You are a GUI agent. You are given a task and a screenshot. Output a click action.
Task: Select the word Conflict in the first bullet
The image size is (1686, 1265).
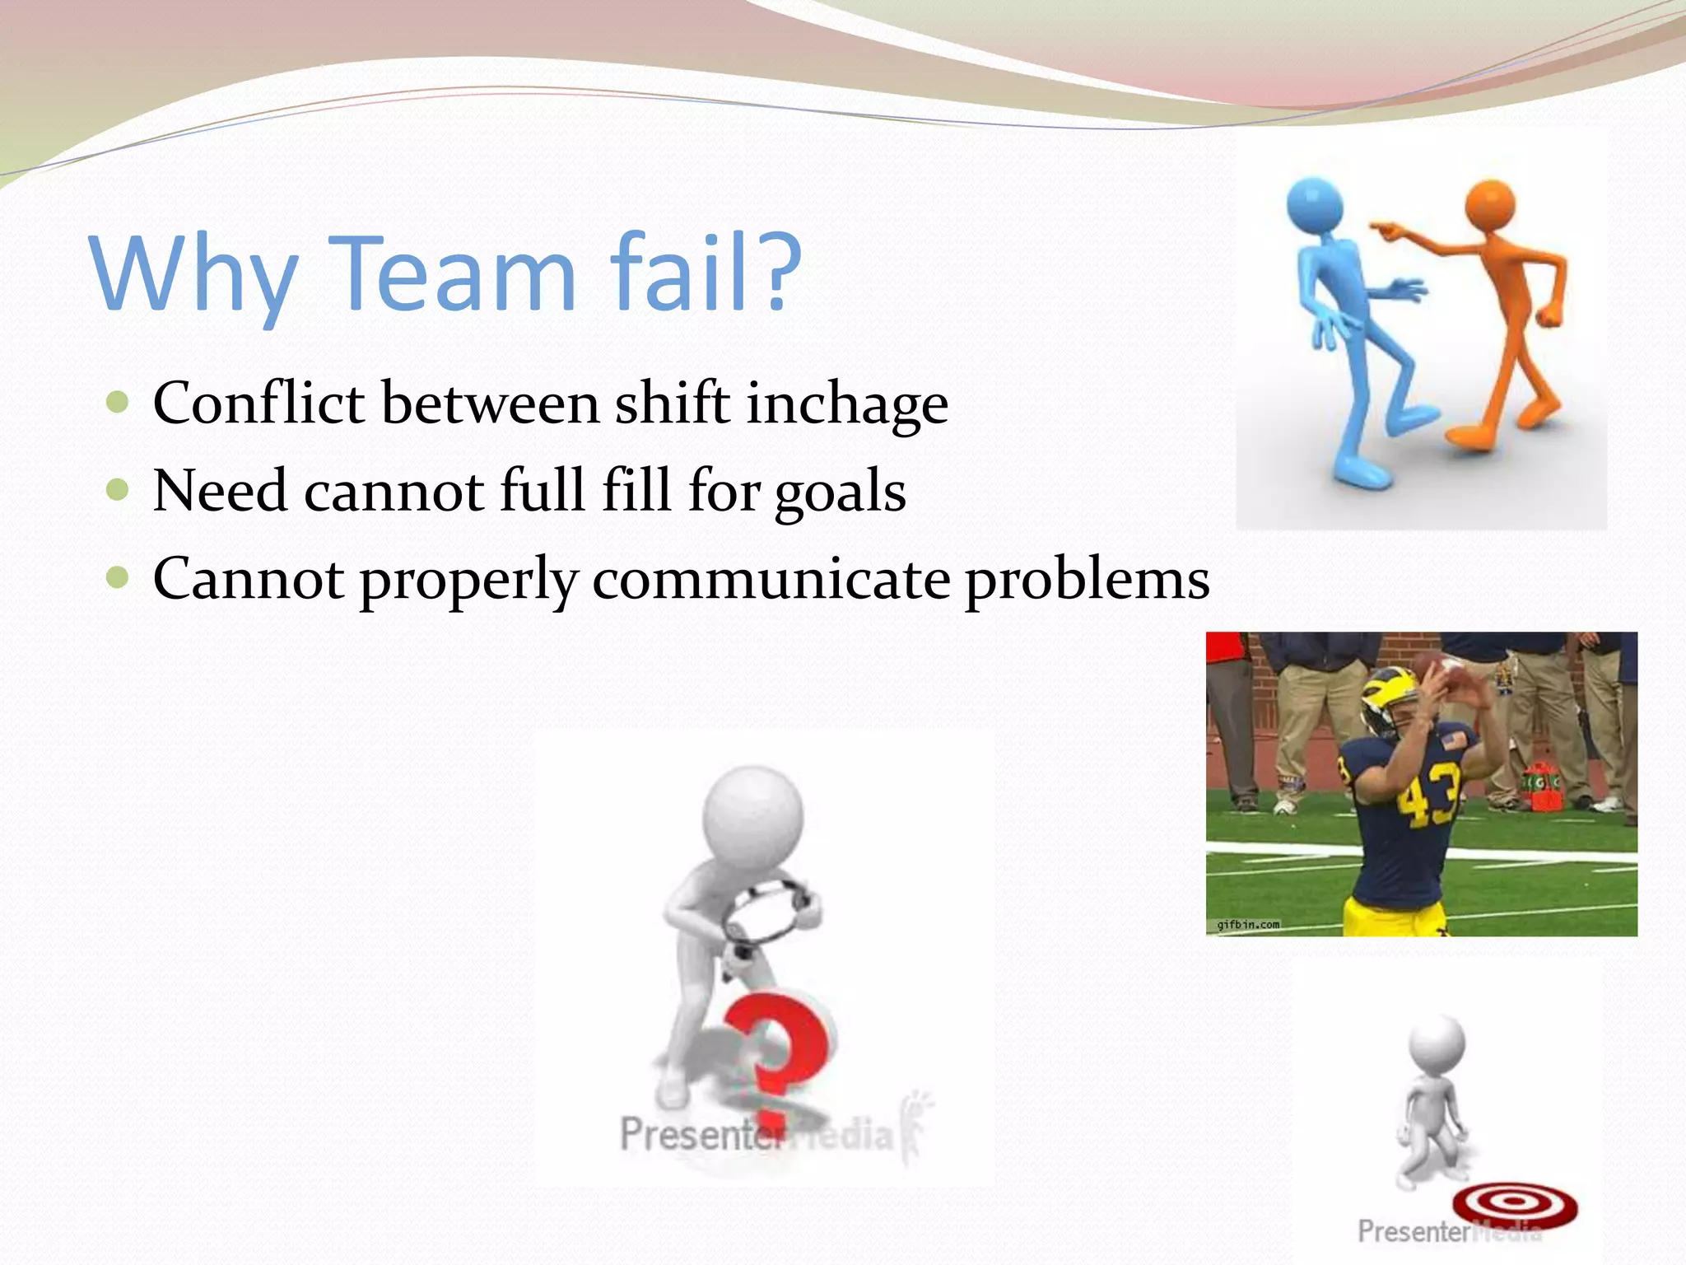tap(258, 404)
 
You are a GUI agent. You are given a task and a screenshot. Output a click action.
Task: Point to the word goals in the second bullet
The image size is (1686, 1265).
tap(840, 492)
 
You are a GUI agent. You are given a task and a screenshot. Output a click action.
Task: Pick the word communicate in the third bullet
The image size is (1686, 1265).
tap(771, 579)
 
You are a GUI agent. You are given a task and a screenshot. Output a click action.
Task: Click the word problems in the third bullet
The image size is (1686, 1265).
tap(1087, 579)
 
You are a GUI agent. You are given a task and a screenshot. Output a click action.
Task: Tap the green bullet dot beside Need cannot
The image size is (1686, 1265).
tap(118, 490)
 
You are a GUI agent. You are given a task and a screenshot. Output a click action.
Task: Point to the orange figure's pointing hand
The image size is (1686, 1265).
tap(1389, 231)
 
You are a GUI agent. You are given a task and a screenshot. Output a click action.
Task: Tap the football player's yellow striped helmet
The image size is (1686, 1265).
tap(1384, 696)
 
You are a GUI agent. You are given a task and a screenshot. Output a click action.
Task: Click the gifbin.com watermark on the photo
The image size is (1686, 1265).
tap(1248, 924)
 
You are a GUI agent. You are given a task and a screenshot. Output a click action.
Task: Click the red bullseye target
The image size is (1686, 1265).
tap(1514, 1203)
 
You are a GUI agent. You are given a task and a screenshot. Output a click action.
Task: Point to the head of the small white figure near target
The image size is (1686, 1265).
tap(1437, 1043)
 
